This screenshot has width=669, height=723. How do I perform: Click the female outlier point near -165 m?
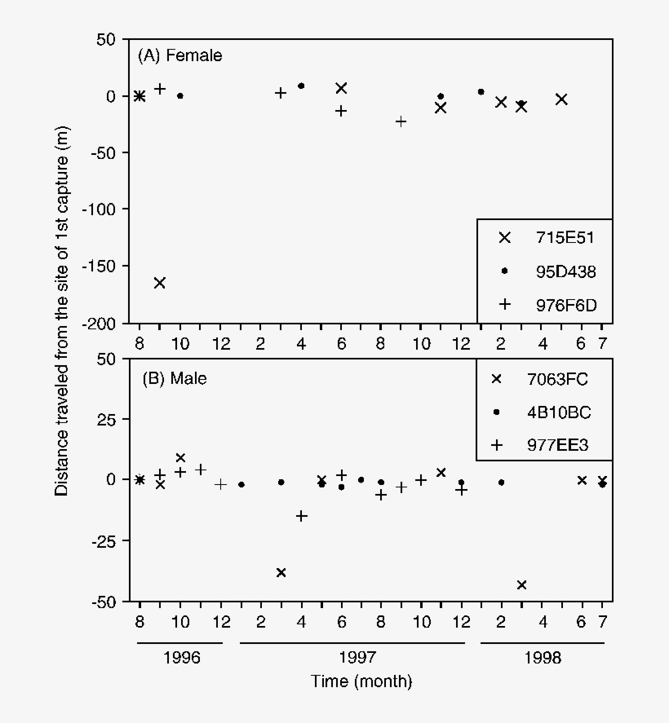(x=160, y=283)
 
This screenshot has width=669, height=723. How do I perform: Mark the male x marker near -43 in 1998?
(x=521, y=584)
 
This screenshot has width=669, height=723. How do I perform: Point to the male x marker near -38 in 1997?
(x=281, y=572)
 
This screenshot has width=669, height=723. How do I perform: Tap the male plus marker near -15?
(x=301, y=515)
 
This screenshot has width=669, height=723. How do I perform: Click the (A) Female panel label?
(x=179, y=55)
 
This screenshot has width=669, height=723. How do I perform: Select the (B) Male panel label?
(x=174, y=378)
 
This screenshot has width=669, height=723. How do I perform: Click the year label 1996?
(x=179, y=658)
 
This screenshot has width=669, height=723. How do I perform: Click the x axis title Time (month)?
(x=361, y=681)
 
